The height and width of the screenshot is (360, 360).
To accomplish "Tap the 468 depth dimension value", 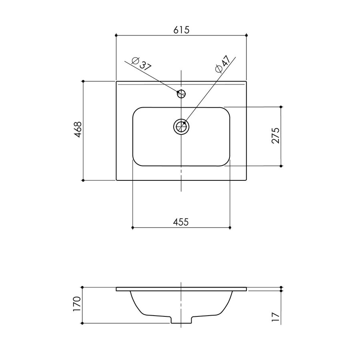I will pyautogui.click(x=78, y=130).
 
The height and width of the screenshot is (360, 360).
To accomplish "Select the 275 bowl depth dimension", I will pyautogui.click(x=275, y=136).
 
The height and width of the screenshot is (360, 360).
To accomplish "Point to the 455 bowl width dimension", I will pyautogui.click(x=181, y=222).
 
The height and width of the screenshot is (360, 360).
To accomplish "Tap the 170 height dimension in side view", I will pyautogui.click(x=78, y=304).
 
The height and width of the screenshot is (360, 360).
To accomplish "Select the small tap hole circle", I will pyautogui.click(x=181, y=94).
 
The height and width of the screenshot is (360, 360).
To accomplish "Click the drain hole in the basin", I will pyautogui.click(x=181, y=127).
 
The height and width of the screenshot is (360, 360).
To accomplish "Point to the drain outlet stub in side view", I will pyautogui.click(x=181, y=320).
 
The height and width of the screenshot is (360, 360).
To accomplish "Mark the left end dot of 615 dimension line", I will pyautogui.click(x=116, y=36).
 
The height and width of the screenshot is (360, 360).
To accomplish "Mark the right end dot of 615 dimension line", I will pyautogui.click(x=247, y=36).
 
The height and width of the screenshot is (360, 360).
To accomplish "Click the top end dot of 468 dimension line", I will pyautogui.click(x=83, y=81).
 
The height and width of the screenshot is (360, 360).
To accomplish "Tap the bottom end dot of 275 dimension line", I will pyautogui.click(x=281, y=166).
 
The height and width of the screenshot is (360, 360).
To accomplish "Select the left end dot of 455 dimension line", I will pyautogui.click(x=132, y=228).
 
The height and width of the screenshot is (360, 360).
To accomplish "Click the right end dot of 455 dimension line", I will pyautogui.click(x=230, y=228).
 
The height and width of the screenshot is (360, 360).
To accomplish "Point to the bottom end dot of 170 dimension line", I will pyautogui.click(x=82, y=323).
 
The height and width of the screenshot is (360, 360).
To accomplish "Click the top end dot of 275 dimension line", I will pyautogui.click(x=281, y=107).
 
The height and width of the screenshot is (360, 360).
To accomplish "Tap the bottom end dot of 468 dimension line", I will pyautogui.click(x=83, y=180).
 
